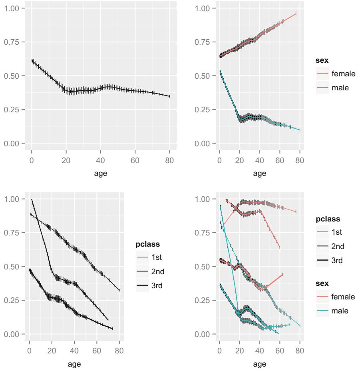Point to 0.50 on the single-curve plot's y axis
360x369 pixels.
[14, 76]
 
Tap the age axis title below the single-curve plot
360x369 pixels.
[100, 174]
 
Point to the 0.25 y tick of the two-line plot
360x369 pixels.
[202, 110]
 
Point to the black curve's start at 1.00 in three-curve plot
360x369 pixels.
[32, 199]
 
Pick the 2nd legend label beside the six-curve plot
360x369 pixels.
[338, 246]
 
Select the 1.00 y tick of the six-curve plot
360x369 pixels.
[202, 199]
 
